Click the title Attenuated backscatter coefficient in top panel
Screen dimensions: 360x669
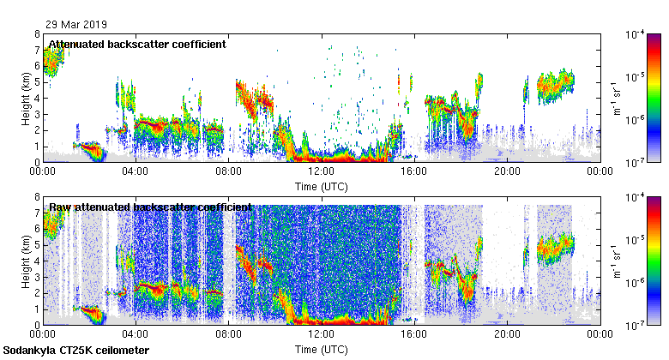coord(137,45)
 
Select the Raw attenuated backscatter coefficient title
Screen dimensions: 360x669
coord(150,207)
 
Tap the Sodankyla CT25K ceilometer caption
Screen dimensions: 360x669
coord(76,351)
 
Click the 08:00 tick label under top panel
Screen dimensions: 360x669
coord(228,171)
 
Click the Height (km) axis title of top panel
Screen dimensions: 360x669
coord(27,98)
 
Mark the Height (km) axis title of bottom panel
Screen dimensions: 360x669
coord(27,261)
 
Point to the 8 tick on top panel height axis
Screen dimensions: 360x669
coord(38,34)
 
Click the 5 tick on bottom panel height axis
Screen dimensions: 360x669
coord(38,245)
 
